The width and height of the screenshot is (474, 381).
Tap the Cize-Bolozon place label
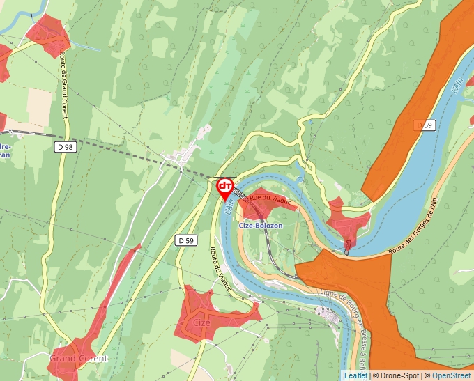pyautogui.click(x=261, y=226)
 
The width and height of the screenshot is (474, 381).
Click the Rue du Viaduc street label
pyautogui.click(x=269, y=200)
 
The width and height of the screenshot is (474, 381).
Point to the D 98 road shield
pyautogui.click(x=64, y=147)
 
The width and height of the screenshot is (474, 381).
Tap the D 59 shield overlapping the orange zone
pyautogui.click(x=424, y=125)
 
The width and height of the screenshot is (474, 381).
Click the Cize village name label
pyautogui.click(x=201, y=322)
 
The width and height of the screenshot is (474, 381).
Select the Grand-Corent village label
pyautogui.click(x=78, y=359)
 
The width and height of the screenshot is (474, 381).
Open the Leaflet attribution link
pyautogui.click(x=355, y=375)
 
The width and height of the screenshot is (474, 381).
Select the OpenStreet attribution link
pyautogui.click(x=451, y=375)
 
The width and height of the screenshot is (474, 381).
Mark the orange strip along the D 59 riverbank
pyautogui.click(x=411, y=104)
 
